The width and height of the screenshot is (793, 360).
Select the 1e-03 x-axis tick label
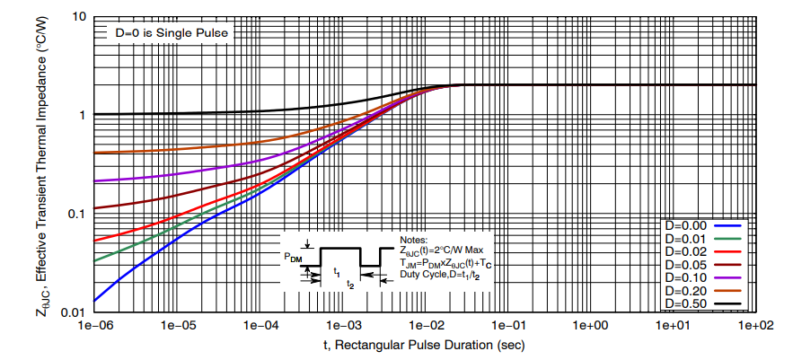tap(345, 325)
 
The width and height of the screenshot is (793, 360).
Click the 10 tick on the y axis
tap(79, 18)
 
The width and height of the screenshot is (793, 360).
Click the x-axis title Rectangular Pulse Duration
tap(424, 345)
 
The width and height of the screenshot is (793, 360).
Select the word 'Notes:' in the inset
tap(415, 240)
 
